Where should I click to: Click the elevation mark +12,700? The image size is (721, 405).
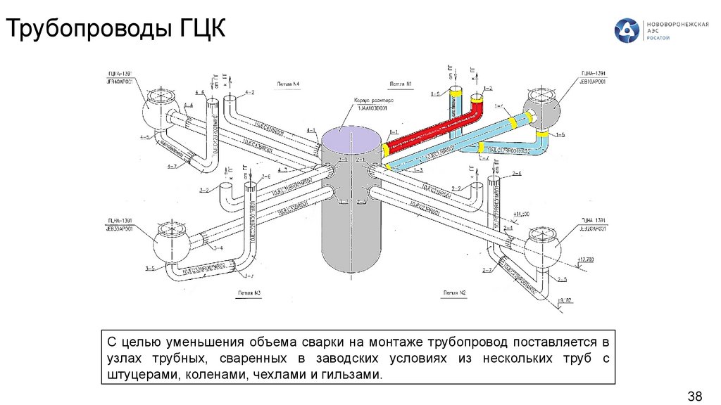pyautogui.click(x=585, y=260)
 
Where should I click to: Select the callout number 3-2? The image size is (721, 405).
pyautogui.click(x=203, y=190)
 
